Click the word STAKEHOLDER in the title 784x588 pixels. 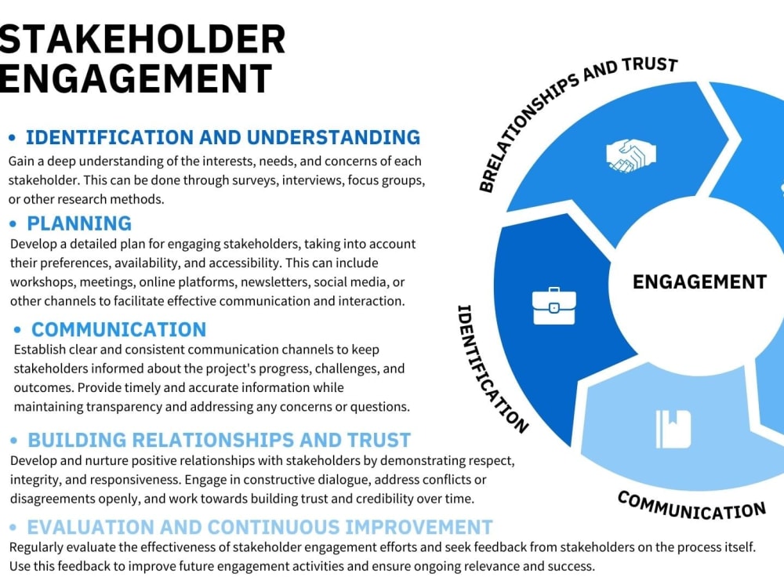click(142, 39)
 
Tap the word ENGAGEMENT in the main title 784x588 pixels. click(136, 78)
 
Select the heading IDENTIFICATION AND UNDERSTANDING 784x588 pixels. click(223, 137)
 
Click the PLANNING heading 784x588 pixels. click(79, 223)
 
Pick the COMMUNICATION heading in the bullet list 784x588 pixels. click(119, 329)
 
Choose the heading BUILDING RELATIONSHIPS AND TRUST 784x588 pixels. click(219, 440)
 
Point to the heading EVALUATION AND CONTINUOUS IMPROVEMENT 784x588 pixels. click(260, 527)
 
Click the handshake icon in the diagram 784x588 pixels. click(631, 156)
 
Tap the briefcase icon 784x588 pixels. click(554, 306)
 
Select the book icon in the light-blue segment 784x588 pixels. click(673, 429)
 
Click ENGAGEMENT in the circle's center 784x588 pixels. click(699, 282)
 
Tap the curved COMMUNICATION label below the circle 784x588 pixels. click(691, 506)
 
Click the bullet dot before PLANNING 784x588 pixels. click(13, 224)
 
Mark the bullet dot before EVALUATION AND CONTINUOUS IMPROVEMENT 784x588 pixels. click(13, 527)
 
